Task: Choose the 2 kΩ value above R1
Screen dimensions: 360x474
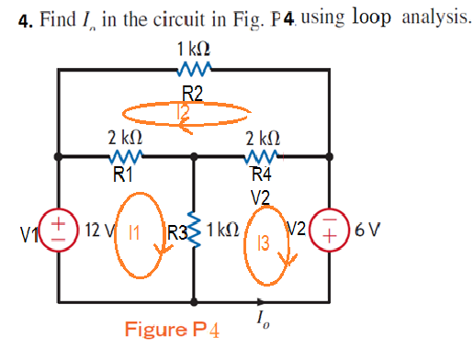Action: tap(124, 138)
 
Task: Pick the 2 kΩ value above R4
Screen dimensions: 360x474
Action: tap(263, 138)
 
